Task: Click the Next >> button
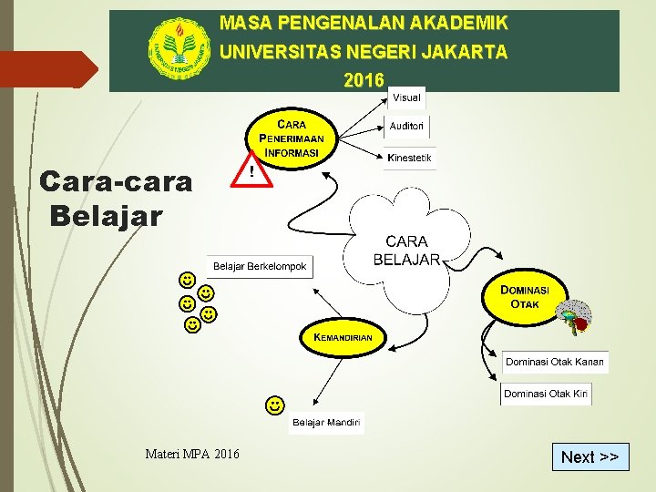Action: [x=589, y=456]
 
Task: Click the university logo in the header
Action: [x=180, y=49]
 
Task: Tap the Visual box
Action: [x=406, y=97]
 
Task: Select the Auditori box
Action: [x=406, y=127]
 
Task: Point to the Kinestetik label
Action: [x=409, y=159]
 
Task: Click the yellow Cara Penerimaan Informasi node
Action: [x=291, y=137]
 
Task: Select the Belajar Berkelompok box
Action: [x=260, y=266]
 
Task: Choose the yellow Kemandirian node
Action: [x=343, y=337]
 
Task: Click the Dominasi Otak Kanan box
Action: [x=555, y=362]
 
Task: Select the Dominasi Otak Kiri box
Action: [x=546, y=394]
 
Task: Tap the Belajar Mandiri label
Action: [x=325, y=423]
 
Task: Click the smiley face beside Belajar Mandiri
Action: [x=273, y=404]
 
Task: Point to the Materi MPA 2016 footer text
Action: [x=192, y=454]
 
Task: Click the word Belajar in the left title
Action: [x=107, y=217]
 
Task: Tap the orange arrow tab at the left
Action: [x=49, y=69]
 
